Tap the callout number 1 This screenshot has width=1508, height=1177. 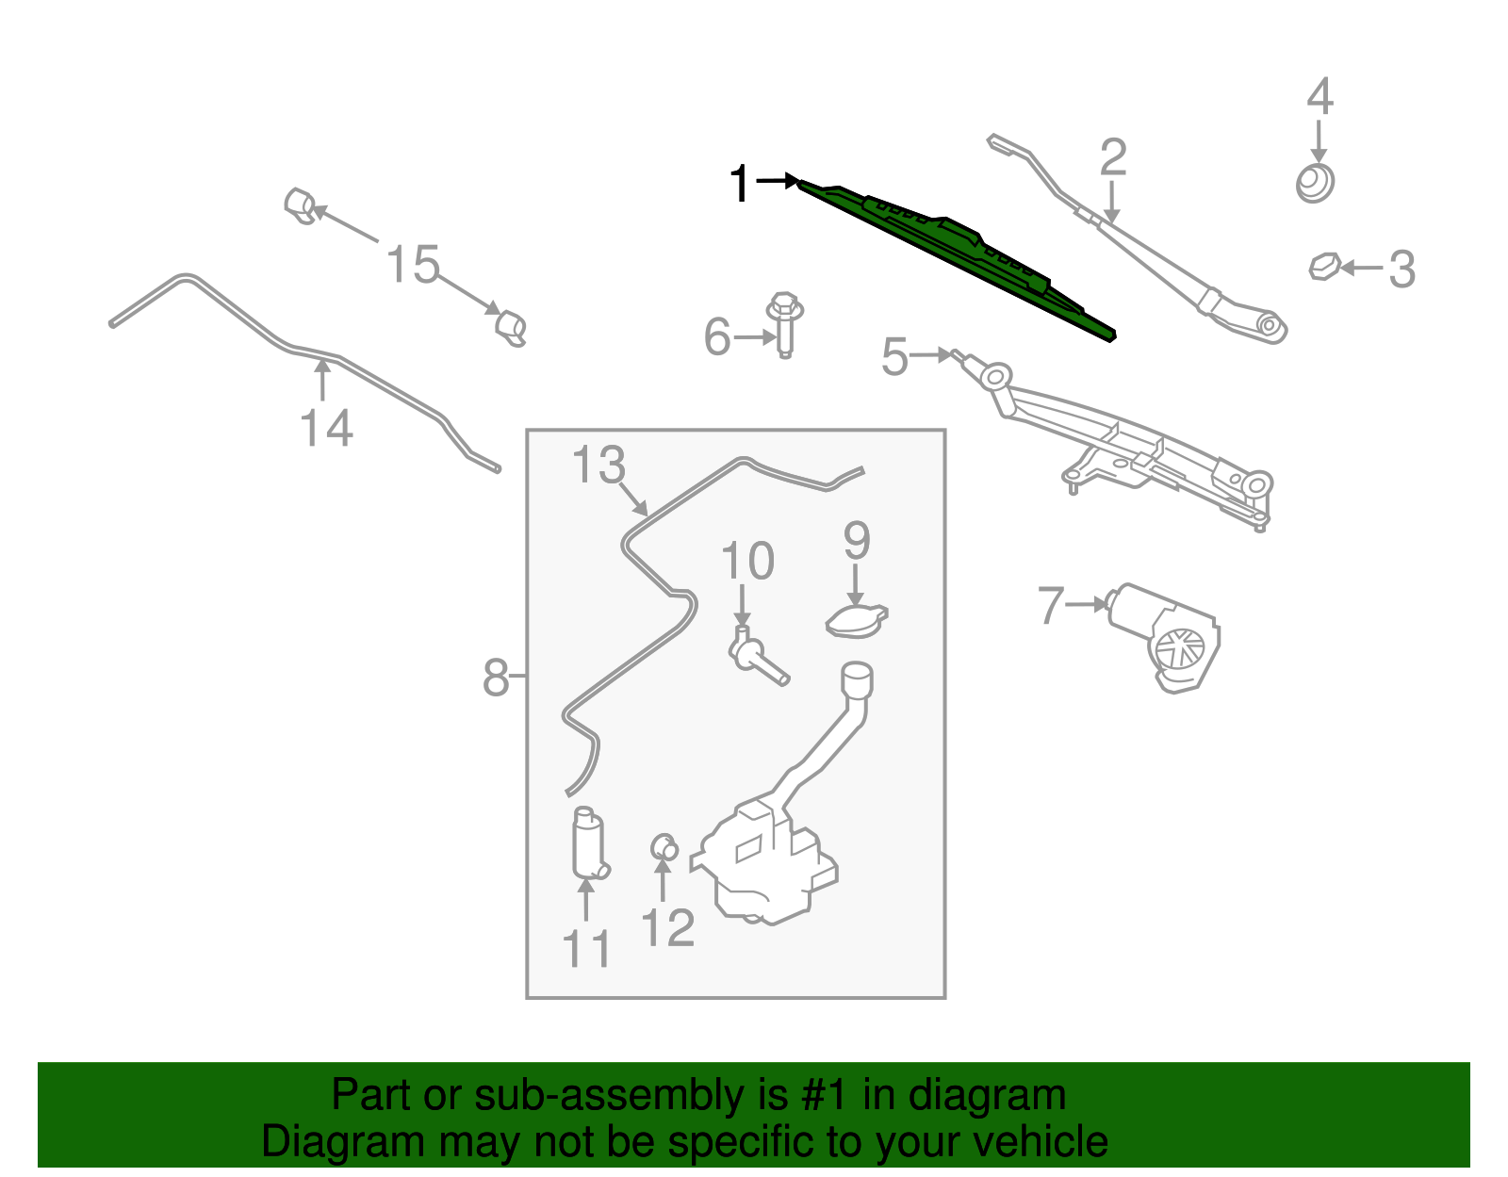tap(740, 184)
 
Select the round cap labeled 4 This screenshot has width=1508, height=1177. tap(1315, 183)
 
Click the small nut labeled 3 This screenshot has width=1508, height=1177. tap(1324, 267)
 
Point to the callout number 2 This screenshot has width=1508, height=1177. tap(1113, 156)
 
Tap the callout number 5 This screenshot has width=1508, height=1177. tap(894, 358)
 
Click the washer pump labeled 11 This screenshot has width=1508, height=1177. tap(588, 843)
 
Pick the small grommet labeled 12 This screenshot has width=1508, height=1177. tap(664, 847)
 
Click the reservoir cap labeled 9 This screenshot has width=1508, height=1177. tap(856, 621)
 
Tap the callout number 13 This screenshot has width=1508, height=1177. tap(598, 466)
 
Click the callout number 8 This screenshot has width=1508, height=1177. tap(496, 678)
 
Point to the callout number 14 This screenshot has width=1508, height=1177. tap(326, 429)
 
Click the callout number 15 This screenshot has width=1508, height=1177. tap(413, 265)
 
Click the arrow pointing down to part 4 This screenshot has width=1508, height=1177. tap(1319, 144)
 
